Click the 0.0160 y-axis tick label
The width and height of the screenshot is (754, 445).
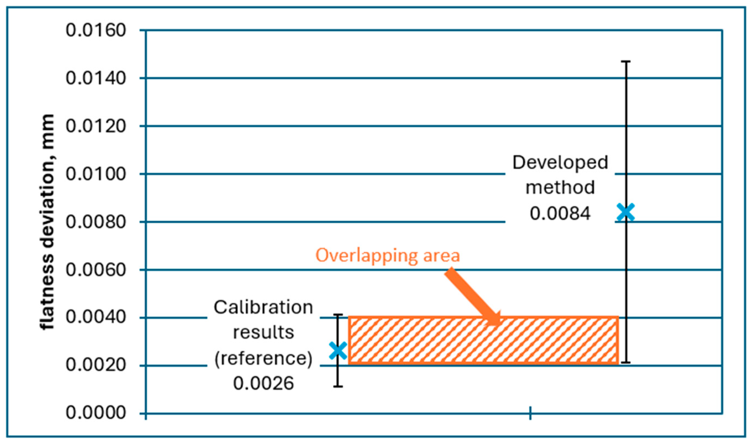coord(95,31)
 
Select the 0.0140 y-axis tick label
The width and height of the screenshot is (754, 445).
coord(95,78)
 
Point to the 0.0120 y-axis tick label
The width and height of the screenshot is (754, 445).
coord(95,126)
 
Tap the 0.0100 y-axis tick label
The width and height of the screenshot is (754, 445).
coord(95,174)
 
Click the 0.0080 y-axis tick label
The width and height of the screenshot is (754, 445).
coord(95,222)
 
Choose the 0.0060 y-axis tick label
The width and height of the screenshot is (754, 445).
coord(95,270)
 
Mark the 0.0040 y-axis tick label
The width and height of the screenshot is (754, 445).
coord(95,317)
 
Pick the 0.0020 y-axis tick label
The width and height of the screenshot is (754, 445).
coord(95,365)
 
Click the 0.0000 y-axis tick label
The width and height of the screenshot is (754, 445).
coord(95,413)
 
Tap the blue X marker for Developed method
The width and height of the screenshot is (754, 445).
coord(625,212)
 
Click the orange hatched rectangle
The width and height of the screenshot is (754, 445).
coord(483,341)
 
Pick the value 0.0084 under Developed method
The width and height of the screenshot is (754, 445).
coord(560,213)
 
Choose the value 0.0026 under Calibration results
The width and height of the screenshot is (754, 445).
coord(263,383)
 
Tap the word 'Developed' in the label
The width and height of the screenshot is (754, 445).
coord(560,163)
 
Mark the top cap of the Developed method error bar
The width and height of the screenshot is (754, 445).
coord(625,61)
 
